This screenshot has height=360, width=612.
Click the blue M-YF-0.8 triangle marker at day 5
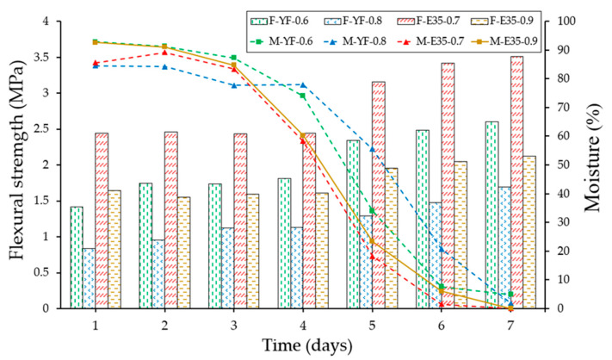coord(372,149)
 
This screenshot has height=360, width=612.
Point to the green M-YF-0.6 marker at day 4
coord(302,96)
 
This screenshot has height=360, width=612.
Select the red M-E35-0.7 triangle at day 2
coord(164,53)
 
